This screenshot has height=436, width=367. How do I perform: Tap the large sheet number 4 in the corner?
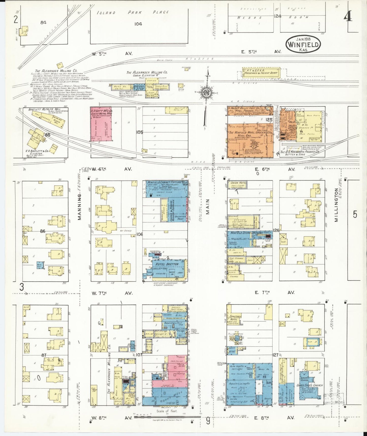coord(348,17)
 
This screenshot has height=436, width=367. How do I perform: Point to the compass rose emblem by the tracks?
coord(208,93)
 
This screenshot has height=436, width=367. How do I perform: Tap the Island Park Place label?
coord(133,12)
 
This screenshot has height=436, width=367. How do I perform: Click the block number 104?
coord(138,24)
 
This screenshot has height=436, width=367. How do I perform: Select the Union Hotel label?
coord(238,183)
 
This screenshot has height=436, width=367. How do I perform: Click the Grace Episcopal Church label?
coord(310,385)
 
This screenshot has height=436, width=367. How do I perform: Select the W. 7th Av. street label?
coord(112,293)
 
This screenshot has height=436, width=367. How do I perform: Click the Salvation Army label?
coord(180,217)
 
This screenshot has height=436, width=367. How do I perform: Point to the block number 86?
coord(43,231)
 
